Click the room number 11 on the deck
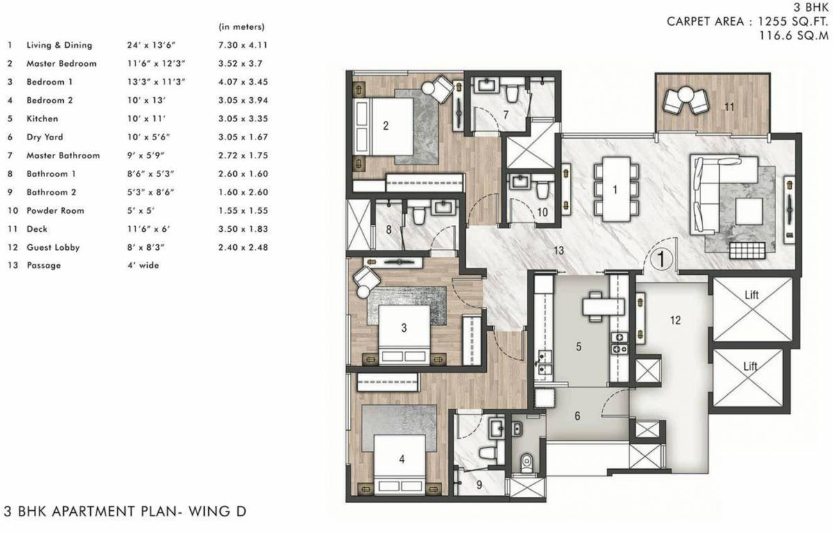[x=730, y=107]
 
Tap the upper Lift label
[x=752, y=295]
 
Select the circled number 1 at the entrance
[x=661, y=258]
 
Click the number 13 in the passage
[x=559, y=251]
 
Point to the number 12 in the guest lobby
[x=675, y=320]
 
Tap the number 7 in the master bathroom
[x=506, y=115]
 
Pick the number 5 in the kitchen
[x=579, y=347]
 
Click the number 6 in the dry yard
[x=577, y=416]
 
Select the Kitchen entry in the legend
[x=42, y=119]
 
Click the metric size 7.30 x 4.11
[x=243, y=45]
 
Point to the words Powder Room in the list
[x=55, y=210]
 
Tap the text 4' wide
[x=143, y=265]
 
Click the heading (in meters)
[x=242, y=27]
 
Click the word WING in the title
[x=210, y=511]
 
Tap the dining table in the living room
[x=616, y=189]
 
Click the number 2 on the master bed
[x=386, y=126]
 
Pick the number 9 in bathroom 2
[x=479, y=484]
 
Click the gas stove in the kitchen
[x=619, y=343]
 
